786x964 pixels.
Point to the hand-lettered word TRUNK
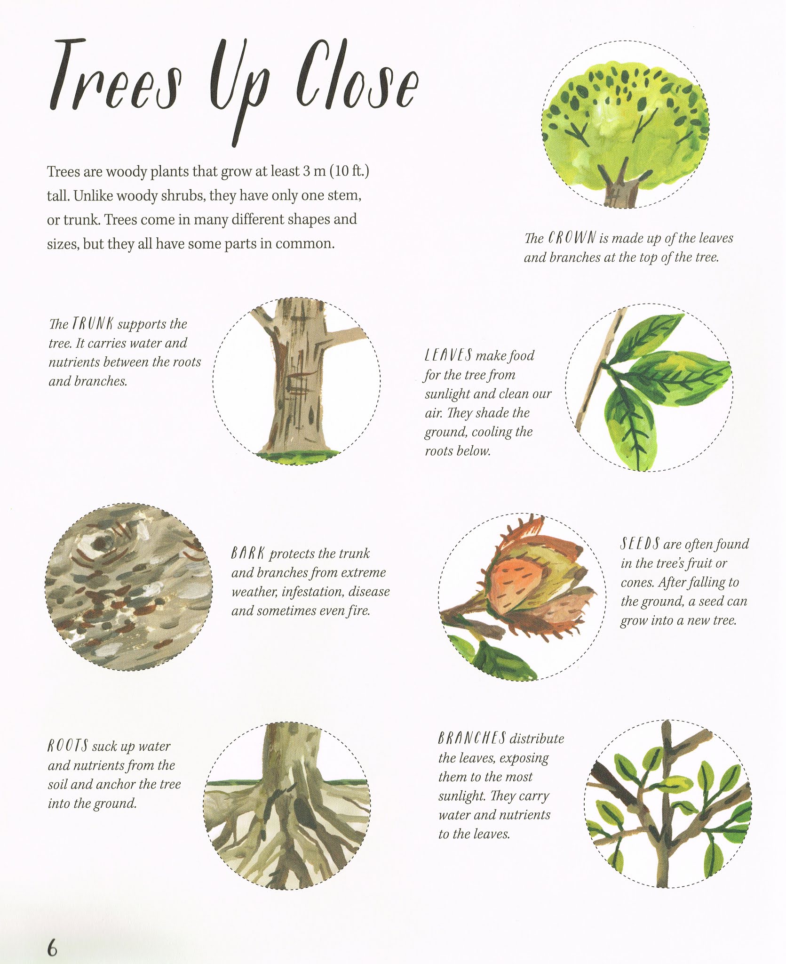click(93, 324)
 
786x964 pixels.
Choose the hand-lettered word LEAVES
click(448, 355)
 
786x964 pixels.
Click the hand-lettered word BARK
click(248, 554)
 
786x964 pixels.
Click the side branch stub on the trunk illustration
click(346, 335)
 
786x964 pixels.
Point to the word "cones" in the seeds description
click(637, 583)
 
